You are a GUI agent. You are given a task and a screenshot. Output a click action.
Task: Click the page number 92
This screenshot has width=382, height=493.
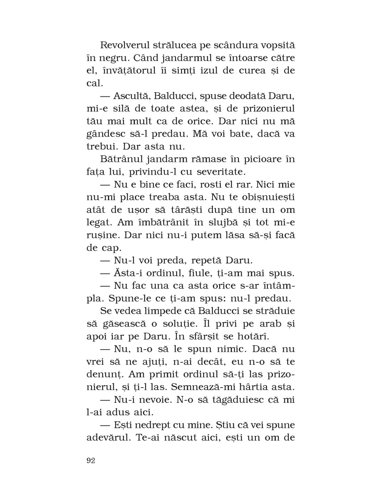[91, 461]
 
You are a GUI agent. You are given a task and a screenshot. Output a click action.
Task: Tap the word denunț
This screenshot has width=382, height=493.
[103, 374]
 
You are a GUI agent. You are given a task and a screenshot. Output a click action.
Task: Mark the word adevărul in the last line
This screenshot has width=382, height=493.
[108, 438]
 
